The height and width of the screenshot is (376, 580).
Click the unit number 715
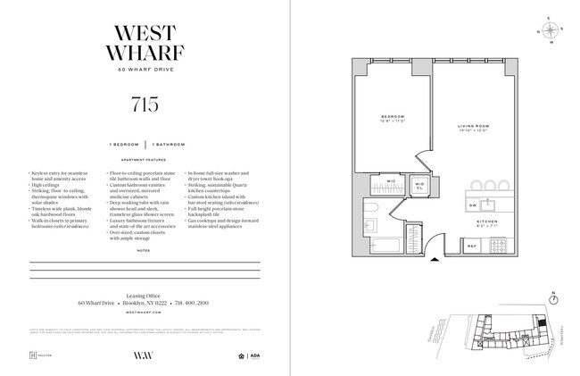point(144,104)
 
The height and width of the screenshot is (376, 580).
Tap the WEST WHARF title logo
point(145,38)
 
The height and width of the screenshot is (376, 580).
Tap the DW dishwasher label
point(473,204)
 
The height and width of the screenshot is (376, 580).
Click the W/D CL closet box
point(419,185)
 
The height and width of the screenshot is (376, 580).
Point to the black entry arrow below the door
point(435,260)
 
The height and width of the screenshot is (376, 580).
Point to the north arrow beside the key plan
point(553,297)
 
